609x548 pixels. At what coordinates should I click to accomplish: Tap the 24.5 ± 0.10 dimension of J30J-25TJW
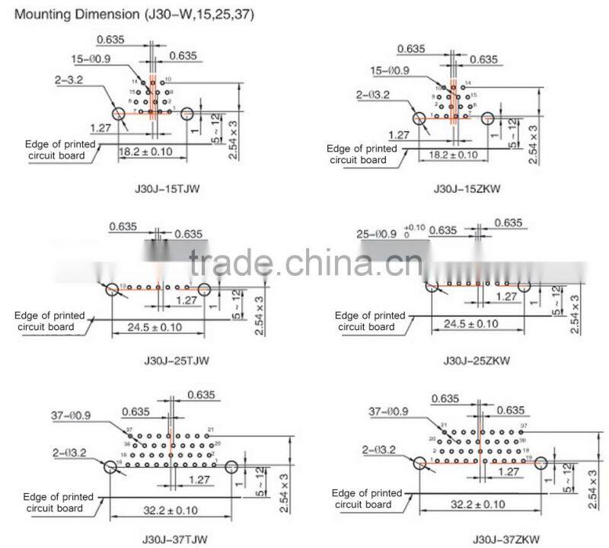pyautogui.click(x=157, y=328)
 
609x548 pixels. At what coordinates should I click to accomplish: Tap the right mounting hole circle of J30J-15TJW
pyautogui.click(x=187, y=115)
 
